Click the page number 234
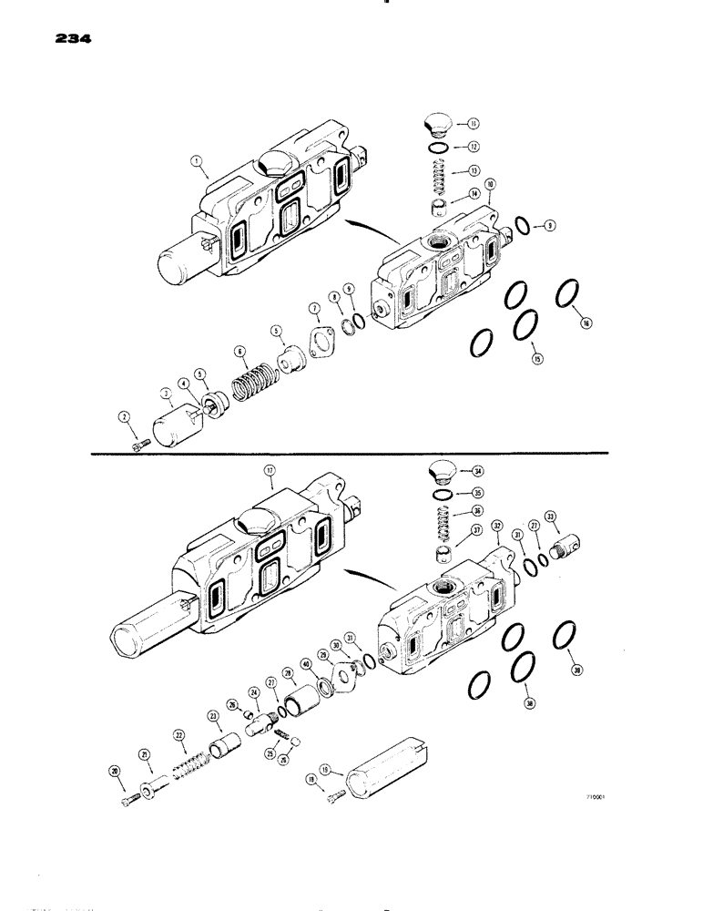(x=68, y=40)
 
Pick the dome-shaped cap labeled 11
(x=440, y=123)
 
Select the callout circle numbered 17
(x=269, y=471)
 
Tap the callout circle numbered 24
(x=255, y=692)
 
